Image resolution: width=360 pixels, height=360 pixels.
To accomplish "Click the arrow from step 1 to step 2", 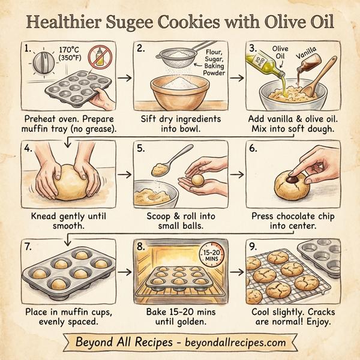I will [x=125, y=77].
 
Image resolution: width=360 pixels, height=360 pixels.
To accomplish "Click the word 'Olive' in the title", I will [x=277, y=24].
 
